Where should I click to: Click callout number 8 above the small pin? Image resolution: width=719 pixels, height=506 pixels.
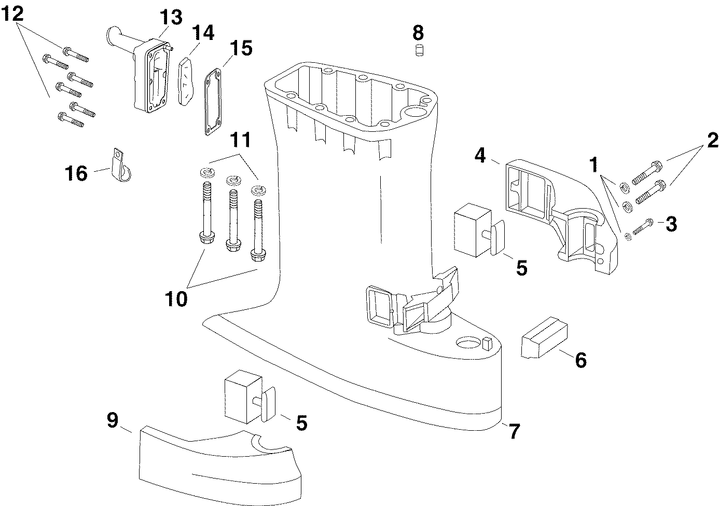point(418,32)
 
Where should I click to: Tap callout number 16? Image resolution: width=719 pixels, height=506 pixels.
point(76,173)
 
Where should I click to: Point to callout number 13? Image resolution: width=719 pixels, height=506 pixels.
point(171,17)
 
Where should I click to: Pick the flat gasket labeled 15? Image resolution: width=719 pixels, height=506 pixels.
point(213,102)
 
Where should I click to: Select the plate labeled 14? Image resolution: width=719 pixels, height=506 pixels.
point(186,81)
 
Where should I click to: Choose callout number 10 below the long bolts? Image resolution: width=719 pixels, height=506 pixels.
point(176,299)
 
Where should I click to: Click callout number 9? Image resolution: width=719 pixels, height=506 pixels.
point(113,420)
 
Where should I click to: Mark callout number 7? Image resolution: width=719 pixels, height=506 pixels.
point(514,431)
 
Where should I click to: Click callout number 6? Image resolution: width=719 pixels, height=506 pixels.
point(580,360)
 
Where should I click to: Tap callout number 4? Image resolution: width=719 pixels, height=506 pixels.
point(480,155)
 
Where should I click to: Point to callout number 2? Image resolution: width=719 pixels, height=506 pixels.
point(712,140)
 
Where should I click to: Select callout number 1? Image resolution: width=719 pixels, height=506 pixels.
point(593,164)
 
